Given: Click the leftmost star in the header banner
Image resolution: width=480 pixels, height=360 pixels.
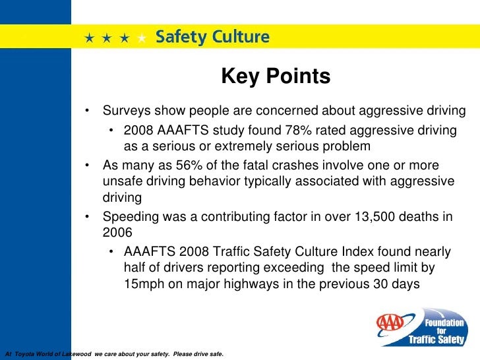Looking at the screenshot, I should [88, 38].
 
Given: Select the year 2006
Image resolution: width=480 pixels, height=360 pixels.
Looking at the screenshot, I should [118, 233].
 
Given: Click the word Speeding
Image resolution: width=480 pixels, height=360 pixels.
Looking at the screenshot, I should [128, 217].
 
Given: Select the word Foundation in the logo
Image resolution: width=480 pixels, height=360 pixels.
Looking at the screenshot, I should [444, 322].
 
